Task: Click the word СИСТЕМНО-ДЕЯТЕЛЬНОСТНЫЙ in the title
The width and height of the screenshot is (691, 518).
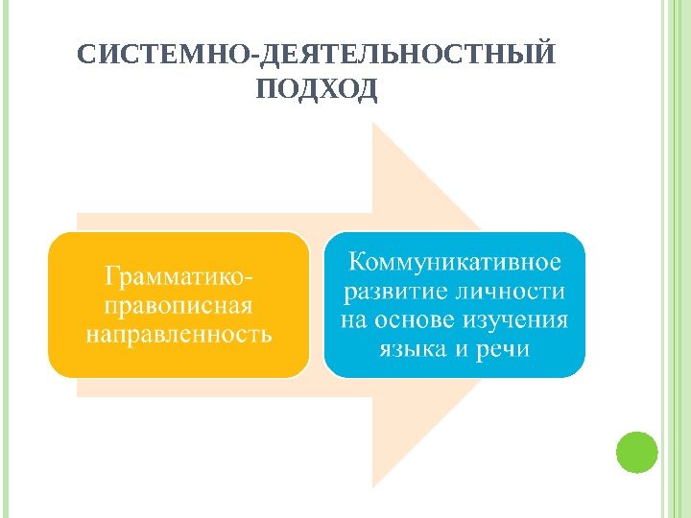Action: [x=316, y=53]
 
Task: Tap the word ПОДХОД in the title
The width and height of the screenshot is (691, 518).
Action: [x=318, y=89]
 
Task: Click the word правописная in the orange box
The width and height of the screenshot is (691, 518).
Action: [x=178, y=307]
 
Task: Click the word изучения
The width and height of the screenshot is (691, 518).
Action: [x=518, y=319]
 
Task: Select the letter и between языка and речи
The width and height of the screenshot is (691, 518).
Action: [x=461, y=348]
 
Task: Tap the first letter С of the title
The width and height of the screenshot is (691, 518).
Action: [x=84, y=53]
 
